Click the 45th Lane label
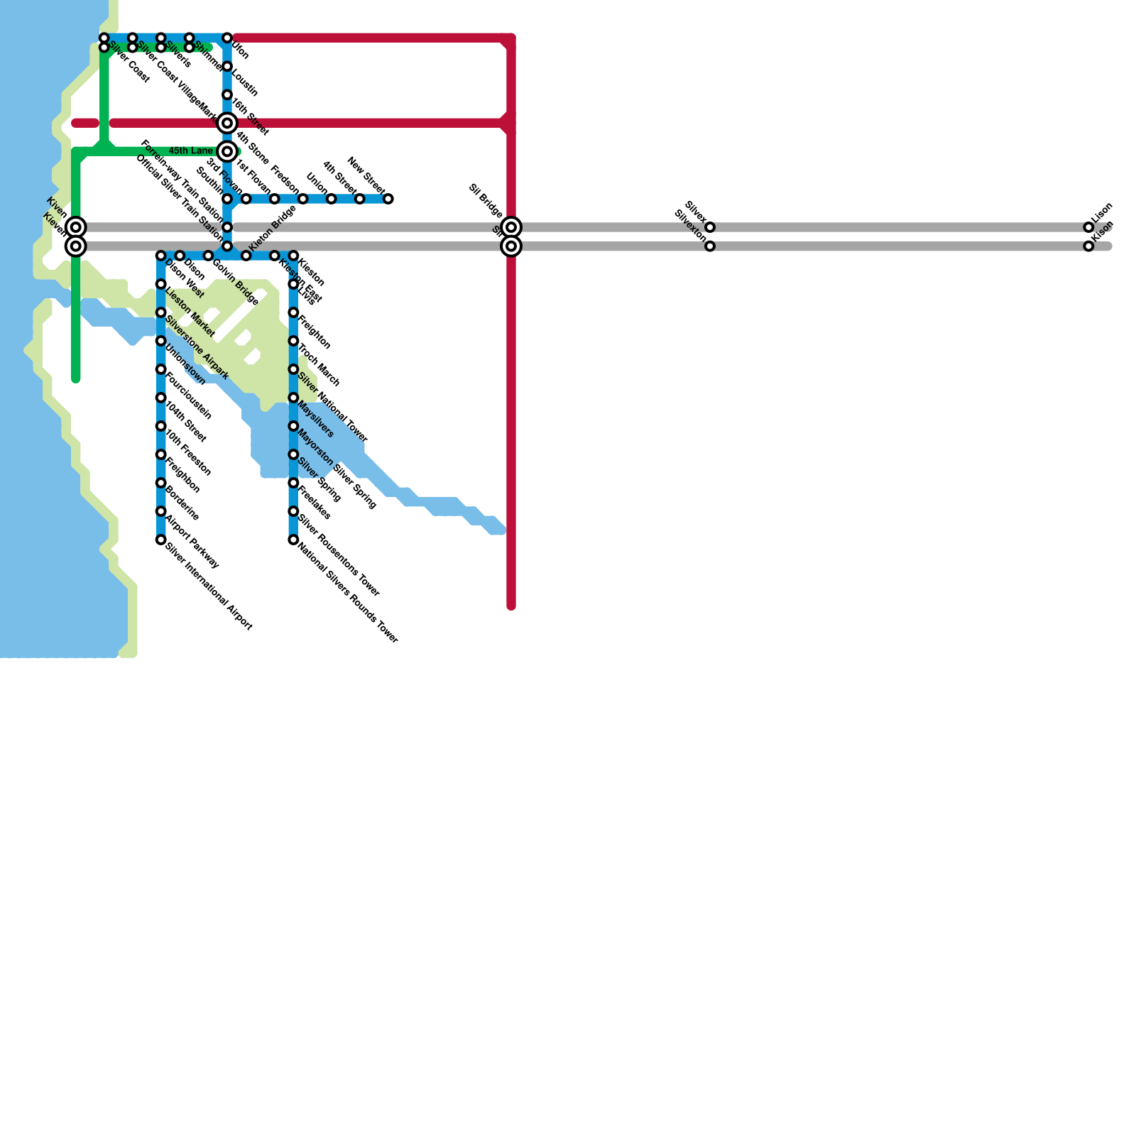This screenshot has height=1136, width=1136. point(190,151)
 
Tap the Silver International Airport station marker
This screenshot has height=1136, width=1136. point(161,540)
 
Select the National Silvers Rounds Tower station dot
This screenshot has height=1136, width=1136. point(293,540)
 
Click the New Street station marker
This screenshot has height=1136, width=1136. point(388,199)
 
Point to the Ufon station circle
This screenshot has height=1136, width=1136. point(227,38)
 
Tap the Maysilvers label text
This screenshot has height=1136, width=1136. point(316,419)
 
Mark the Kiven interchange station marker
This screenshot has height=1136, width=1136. point(76,227)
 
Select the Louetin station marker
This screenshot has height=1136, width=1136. point(227,67)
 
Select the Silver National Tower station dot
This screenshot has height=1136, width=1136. point(293,370)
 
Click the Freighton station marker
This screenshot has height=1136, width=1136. point(293,313)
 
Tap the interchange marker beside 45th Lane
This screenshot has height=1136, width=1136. point(227,151)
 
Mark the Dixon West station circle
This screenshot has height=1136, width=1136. point(161,256)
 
